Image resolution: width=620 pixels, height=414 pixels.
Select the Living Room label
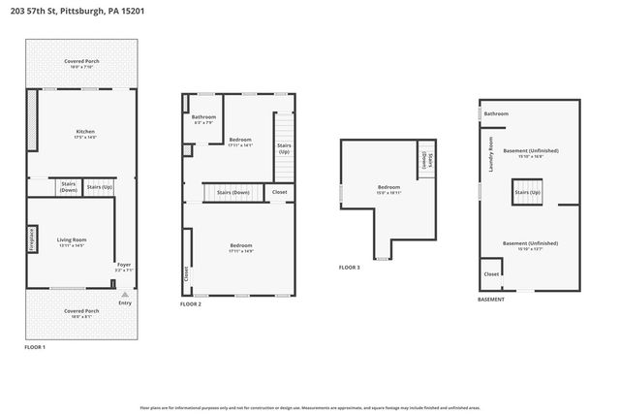(x=73, y=241)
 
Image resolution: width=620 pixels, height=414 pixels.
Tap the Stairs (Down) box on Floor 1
(x=69, y=186)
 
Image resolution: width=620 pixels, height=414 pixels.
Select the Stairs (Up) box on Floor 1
(x=100, y=187)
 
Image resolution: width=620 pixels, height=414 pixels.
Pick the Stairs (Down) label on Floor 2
(x=233, y=193)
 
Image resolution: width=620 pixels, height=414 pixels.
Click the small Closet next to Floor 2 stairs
(x=280, y=193)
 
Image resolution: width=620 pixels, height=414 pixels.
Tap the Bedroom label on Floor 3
(x=388, y=188)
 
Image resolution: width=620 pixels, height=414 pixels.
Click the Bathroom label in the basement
(x=496, y=113)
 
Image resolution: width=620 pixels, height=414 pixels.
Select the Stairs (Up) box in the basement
(x=528, y=193)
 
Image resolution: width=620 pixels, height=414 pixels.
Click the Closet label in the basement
(x=491, y=274)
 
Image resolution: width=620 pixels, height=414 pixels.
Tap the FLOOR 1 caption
(x=35, y=347)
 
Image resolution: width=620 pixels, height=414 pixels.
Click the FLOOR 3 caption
(x=350, y=268)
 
